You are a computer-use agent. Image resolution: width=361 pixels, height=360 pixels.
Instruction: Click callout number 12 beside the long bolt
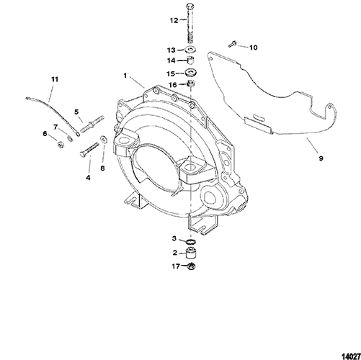[174, 20]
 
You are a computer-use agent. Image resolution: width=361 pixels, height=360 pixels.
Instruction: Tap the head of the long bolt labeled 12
[190, 6]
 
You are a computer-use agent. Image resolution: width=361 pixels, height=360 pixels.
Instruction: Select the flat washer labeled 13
[191, 50]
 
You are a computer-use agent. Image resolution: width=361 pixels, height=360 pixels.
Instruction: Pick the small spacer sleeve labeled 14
[191, 60]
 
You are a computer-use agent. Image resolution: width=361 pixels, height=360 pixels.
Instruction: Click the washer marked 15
[191, 72]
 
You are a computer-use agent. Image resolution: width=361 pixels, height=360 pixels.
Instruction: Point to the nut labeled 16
[191, 84]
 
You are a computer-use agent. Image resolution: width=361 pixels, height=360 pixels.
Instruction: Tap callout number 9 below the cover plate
[321, 158]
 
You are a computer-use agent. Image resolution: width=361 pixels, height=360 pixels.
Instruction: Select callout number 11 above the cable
[55, 79]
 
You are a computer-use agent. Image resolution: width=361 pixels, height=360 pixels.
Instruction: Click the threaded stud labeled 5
[92, 124]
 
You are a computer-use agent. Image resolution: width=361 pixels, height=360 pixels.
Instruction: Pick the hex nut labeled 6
[60, 144]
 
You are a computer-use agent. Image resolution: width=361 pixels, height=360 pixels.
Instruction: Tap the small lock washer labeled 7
[70, 138]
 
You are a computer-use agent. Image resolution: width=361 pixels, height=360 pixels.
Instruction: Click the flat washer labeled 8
[104, 139]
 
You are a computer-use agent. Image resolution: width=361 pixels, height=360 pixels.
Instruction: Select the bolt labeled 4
[89, 150]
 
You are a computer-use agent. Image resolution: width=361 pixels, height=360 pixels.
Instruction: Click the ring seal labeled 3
[191, 241]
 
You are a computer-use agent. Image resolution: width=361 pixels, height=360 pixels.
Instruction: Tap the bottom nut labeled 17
[191, 266]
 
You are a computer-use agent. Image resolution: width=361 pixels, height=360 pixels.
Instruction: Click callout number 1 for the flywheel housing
[125, 76]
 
